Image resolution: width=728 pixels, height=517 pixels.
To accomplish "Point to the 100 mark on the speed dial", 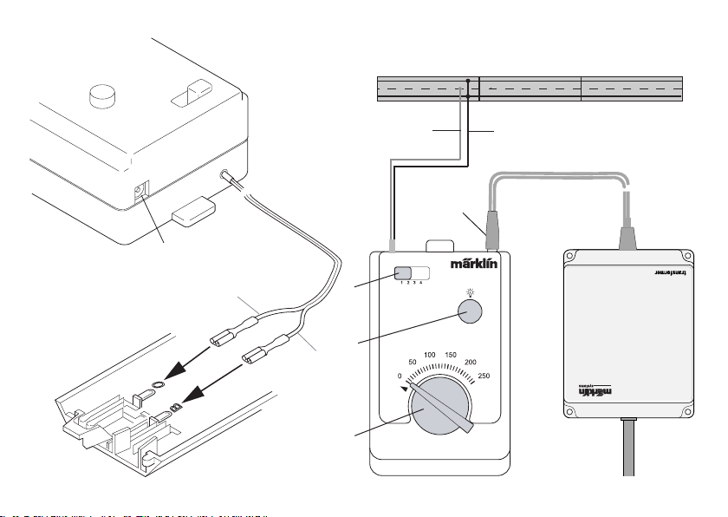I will pos(429,356).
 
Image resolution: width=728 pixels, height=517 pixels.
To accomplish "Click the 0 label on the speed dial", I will pos(399,376).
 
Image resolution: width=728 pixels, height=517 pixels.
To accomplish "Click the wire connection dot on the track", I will pos(468,81).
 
